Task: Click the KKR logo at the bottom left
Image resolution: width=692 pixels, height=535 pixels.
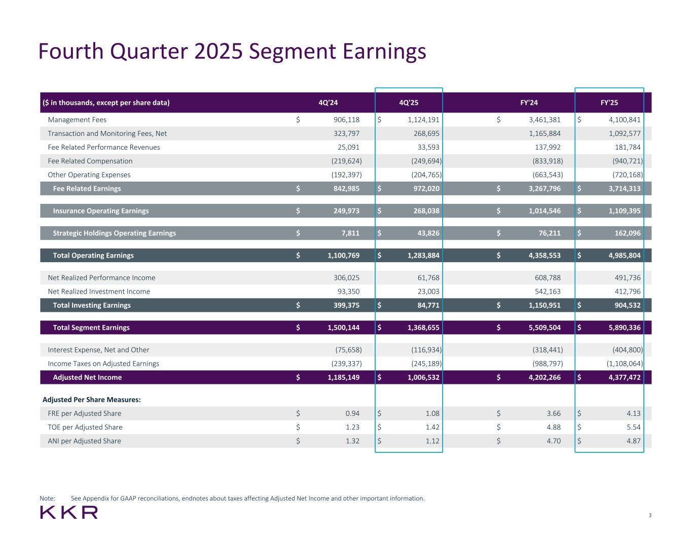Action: [68, 512]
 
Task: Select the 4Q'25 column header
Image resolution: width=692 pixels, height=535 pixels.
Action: [409, 103]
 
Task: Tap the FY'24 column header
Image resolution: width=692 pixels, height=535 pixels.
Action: [529, 103]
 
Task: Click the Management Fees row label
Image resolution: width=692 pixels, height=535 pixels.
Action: [77, 120]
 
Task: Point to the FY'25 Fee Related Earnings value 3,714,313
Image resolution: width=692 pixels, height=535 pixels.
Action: [625, 189]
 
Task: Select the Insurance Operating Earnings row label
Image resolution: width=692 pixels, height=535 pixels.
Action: [101, 211]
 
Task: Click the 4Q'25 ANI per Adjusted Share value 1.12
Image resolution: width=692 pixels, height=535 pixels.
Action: [432, 441]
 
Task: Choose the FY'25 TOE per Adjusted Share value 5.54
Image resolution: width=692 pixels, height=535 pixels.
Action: [634, 427]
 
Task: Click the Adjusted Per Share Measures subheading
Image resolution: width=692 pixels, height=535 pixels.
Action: [92, 400]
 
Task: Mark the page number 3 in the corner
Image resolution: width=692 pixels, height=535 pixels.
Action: [650, 516]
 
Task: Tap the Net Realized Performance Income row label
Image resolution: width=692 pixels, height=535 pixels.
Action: [101, 278]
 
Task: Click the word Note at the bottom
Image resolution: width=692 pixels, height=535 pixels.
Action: [47, 498]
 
